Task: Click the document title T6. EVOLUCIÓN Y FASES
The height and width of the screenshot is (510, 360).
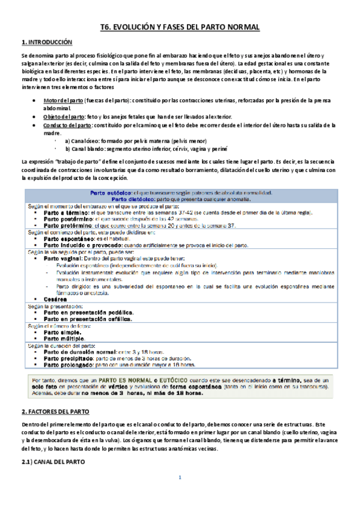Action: pyautogui.click(x=180, y=28)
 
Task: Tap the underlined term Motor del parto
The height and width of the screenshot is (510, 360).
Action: pyautogui.click(x=63, y=99)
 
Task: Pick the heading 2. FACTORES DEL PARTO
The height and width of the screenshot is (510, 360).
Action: pyautogui.click(x=55, y=411)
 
